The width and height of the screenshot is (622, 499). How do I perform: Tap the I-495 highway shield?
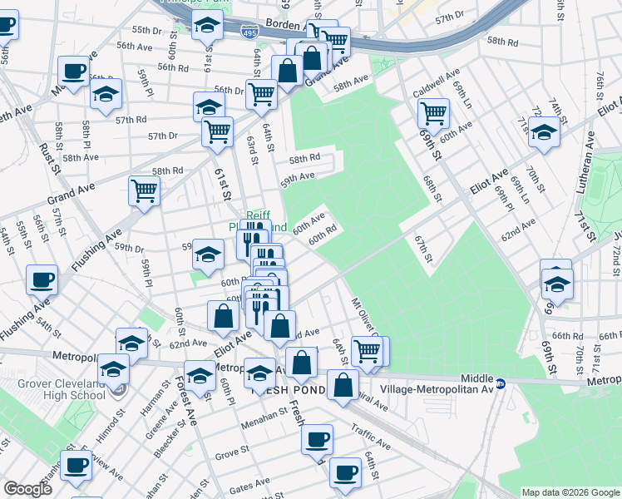click(250, 32)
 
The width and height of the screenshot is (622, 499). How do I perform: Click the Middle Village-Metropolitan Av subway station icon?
click(501, 384)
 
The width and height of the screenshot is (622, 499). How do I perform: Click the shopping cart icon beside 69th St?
click(433, 112)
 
